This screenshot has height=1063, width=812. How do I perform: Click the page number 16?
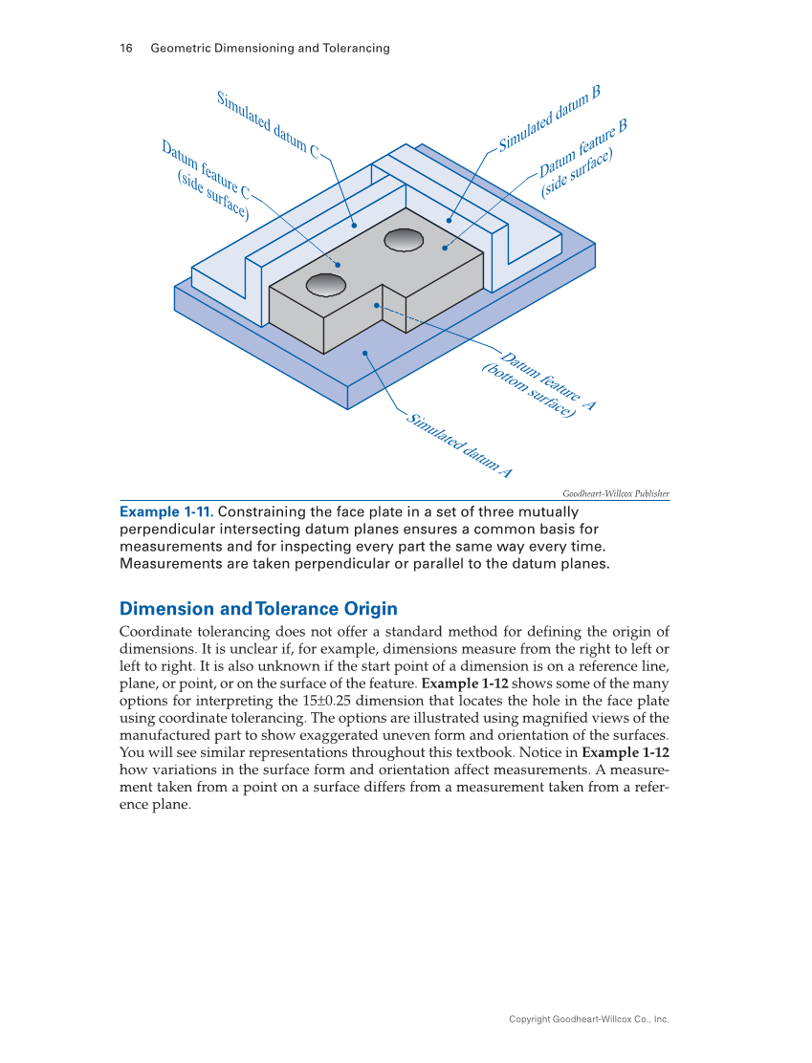[125, 48]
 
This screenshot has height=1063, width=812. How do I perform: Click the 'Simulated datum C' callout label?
[267, 124]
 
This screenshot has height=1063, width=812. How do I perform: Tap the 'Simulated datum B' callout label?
[549, 119]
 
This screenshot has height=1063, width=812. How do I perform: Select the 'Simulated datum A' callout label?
[460, 447]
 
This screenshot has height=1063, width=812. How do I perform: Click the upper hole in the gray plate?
[404, 239]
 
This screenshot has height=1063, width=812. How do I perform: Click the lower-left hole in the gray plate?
[326, 283]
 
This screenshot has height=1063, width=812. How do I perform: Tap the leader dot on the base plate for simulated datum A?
[365, 353]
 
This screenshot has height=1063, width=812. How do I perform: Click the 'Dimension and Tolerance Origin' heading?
[258, 609]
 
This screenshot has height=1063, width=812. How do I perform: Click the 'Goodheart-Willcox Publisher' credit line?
[615, 493]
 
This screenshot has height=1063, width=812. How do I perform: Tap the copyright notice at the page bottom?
[588, 1019]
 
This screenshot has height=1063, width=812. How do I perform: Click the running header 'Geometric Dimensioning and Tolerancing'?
[270, 48]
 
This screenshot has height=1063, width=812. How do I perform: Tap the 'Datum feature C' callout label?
[207, 173]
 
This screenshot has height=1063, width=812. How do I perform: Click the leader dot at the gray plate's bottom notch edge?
[377, 306]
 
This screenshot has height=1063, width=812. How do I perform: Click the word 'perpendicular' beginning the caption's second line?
[165, 529]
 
